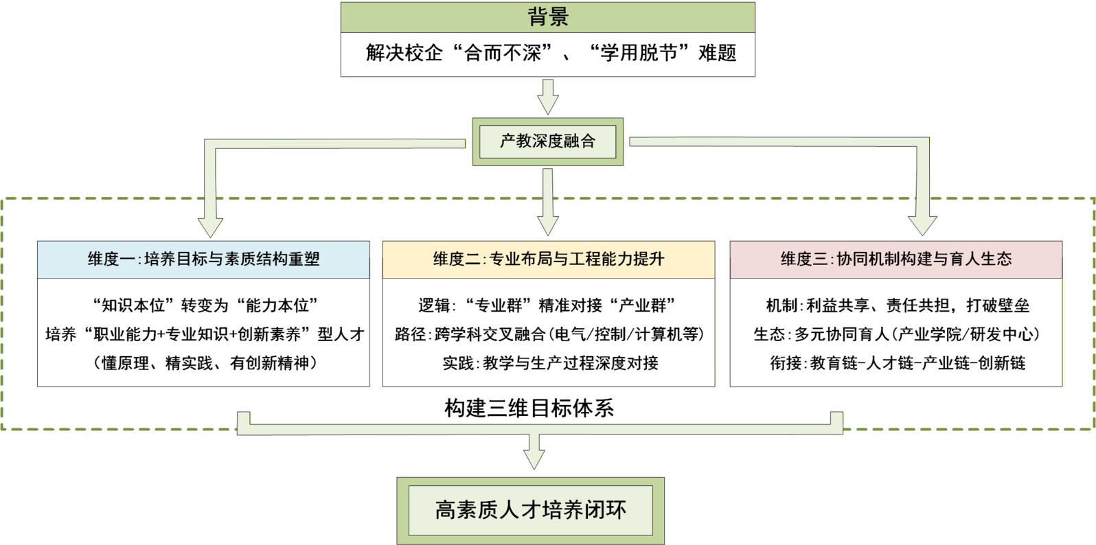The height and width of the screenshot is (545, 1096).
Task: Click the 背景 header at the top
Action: (547, 17)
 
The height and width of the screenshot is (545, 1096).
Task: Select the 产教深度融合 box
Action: (547, 141)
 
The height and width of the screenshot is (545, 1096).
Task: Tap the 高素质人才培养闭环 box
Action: (530, 510)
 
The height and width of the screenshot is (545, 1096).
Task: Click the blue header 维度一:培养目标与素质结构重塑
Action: (203, 259)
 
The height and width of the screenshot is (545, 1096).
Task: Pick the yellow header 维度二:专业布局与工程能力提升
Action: (548, 259)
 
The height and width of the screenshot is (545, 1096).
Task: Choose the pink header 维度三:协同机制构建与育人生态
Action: (895, 259)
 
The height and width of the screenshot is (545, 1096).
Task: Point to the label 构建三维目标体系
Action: (529, 408)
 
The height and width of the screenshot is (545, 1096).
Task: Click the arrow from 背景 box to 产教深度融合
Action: (547, 97)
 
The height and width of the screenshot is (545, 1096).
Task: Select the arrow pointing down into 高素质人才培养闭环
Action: (534, 452)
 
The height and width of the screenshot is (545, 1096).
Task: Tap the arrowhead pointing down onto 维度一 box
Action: (210, 227)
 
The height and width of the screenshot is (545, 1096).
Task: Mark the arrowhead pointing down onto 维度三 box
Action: (922, 225)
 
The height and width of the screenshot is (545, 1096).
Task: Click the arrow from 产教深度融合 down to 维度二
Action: (547, 202)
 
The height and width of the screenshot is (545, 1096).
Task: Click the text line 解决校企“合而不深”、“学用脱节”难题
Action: (551, 53)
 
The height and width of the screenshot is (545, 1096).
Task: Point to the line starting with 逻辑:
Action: (547, 305)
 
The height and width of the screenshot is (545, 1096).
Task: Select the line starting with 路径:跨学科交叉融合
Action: (549, 334)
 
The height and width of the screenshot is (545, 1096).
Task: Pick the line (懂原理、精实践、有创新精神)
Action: (205, 363)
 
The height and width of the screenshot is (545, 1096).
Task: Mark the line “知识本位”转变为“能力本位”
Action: (205, 305)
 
